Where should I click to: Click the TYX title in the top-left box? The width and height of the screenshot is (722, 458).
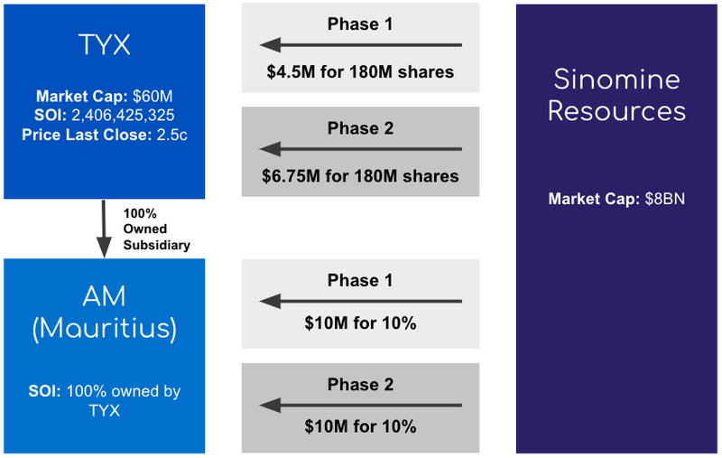(x=105, y=44)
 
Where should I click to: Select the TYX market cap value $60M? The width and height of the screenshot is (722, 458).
(x=153, y=97)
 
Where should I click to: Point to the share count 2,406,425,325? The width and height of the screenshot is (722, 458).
(x=123, y=116)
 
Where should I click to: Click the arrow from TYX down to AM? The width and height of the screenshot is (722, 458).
(x=104, y=229)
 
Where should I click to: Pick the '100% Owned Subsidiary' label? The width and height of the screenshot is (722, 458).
(x=156, y=229)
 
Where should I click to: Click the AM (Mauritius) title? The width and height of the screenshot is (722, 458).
(x=105, y=312)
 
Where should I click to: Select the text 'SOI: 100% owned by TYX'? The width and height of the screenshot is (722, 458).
(x=105, y=400)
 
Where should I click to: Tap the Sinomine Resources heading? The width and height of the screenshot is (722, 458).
(x=616, y=95)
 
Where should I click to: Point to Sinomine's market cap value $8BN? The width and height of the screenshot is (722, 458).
(x=664, y=199)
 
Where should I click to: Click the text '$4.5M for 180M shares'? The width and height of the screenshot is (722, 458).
(x=360, y=72)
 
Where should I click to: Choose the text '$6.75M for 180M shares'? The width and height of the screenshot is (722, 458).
(x=360, y=176)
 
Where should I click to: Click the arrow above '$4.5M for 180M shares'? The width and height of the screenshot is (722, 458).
(x=360, y=45)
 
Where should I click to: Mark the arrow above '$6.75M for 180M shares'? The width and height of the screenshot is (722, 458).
(x=360, y=149)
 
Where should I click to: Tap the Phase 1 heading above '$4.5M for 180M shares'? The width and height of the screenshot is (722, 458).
(x=360, y=24)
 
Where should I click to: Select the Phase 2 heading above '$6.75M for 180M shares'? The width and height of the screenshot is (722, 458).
(x=360, y=128)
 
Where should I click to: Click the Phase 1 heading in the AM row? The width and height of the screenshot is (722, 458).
(x=360, y=280)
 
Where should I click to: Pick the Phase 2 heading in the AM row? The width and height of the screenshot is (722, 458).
(x=360, y=384)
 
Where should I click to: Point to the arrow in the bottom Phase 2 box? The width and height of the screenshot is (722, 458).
(x=360, y=406)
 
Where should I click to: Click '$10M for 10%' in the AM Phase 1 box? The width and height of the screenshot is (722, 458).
(x=360, y=323)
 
